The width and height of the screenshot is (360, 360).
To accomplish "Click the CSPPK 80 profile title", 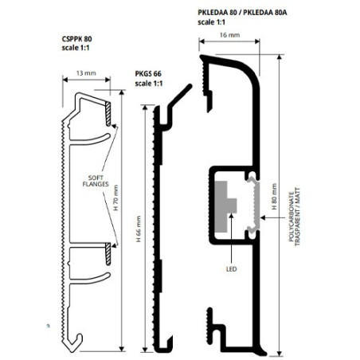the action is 76,39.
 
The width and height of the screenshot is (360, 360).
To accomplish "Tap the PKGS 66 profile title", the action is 148,74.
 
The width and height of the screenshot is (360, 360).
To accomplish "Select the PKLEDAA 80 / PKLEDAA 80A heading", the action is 242,13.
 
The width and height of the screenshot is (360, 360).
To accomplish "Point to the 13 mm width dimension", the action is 86,73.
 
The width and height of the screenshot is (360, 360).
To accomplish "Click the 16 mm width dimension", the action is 229,35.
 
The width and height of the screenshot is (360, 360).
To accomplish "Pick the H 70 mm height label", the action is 115,198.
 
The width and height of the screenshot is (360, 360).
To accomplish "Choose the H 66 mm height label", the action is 139,229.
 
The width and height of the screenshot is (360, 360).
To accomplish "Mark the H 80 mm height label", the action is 274,197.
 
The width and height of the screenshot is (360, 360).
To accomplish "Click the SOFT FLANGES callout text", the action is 96,181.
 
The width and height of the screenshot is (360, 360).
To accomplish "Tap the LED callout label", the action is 231,269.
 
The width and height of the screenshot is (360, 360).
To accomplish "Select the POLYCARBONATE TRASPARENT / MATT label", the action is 295,217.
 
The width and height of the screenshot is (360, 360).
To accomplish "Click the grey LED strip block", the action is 225,206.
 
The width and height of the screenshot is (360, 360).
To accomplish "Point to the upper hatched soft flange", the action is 108,114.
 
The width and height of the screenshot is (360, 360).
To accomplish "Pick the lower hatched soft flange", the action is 108,254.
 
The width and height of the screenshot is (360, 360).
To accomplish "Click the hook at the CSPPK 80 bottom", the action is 74,344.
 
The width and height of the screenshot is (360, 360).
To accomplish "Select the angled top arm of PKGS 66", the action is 180,96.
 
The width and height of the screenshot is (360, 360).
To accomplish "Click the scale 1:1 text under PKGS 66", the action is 149,84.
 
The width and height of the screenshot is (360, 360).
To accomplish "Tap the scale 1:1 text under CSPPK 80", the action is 76,48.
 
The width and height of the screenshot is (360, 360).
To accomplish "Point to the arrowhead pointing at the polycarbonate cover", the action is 263,217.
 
